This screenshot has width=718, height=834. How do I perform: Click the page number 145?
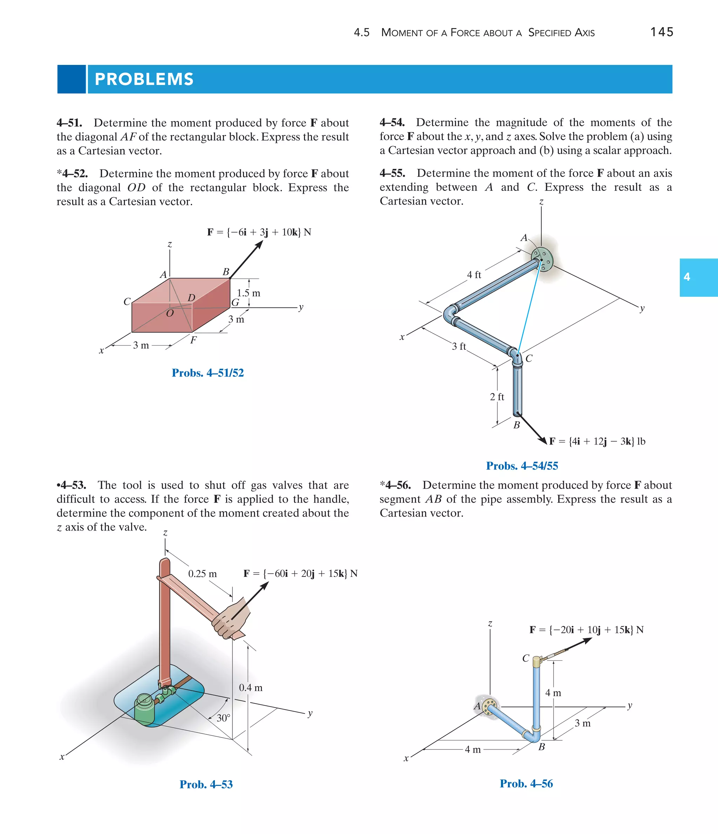662,32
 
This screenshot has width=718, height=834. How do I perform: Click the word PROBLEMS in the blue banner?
144,79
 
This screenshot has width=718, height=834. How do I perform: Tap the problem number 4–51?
69,123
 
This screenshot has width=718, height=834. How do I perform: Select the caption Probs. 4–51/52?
208,373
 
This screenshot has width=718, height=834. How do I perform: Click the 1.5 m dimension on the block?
248,293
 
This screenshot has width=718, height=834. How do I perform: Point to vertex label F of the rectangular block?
194,340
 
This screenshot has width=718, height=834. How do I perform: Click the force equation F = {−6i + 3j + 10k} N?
259,232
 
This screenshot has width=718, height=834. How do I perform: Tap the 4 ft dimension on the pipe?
474,275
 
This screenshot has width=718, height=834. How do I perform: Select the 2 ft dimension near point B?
497,397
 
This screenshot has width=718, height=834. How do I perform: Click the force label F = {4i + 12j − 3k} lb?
597,441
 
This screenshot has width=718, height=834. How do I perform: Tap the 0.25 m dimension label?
202,574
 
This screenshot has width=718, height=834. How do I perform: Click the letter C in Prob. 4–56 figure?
526,658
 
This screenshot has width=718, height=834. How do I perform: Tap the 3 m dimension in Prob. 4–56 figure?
582,723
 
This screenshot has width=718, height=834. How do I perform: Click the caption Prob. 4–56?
526,784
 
